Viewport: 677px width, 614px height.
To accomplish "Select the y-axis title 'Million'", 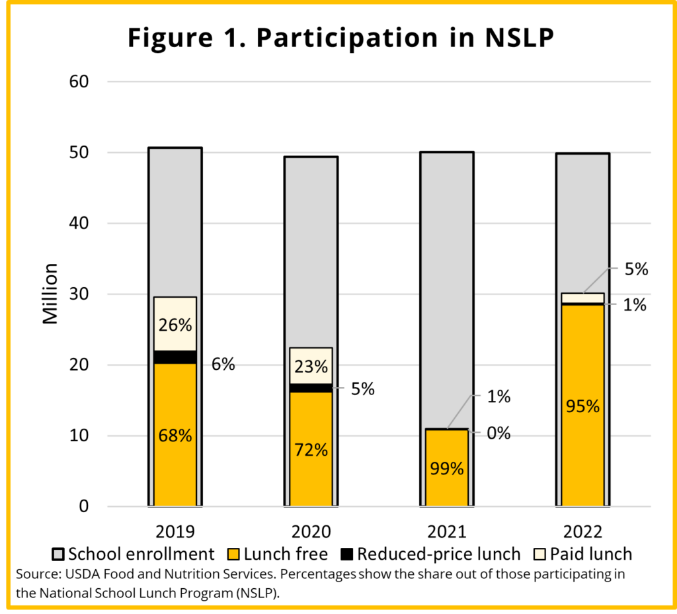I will click(51, 294).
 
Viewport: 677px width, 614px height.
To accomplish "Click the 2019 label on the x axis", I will click(175, 532).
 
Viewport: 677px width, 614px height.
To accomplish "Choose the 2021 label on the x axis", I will click(446, 532).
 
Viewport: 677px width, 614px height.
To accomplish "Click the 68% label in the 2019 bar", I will click(175, 436).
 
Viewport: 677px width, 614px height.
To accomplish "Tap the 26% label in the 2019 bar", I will click(175, 326).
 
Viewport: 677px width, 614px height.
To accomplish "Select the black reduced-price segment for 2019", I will click(175, 357).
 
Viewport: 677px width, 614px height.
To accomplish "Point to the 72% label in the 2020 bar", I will click(311, 451).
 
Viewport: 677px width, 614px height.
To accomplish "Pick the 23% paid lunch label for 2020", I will click(311, 366).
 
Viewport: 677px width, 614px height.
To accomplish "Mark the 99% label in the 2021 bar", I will click(446, 469).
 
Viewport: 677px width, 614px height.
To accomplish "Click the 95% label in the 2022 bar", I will click(582, 406).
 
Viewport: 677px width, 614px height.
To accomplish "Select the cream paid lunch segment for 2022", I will click(582, 298).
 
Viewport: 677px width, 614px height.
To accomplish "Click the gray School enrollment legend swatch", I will click(58, 554).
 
